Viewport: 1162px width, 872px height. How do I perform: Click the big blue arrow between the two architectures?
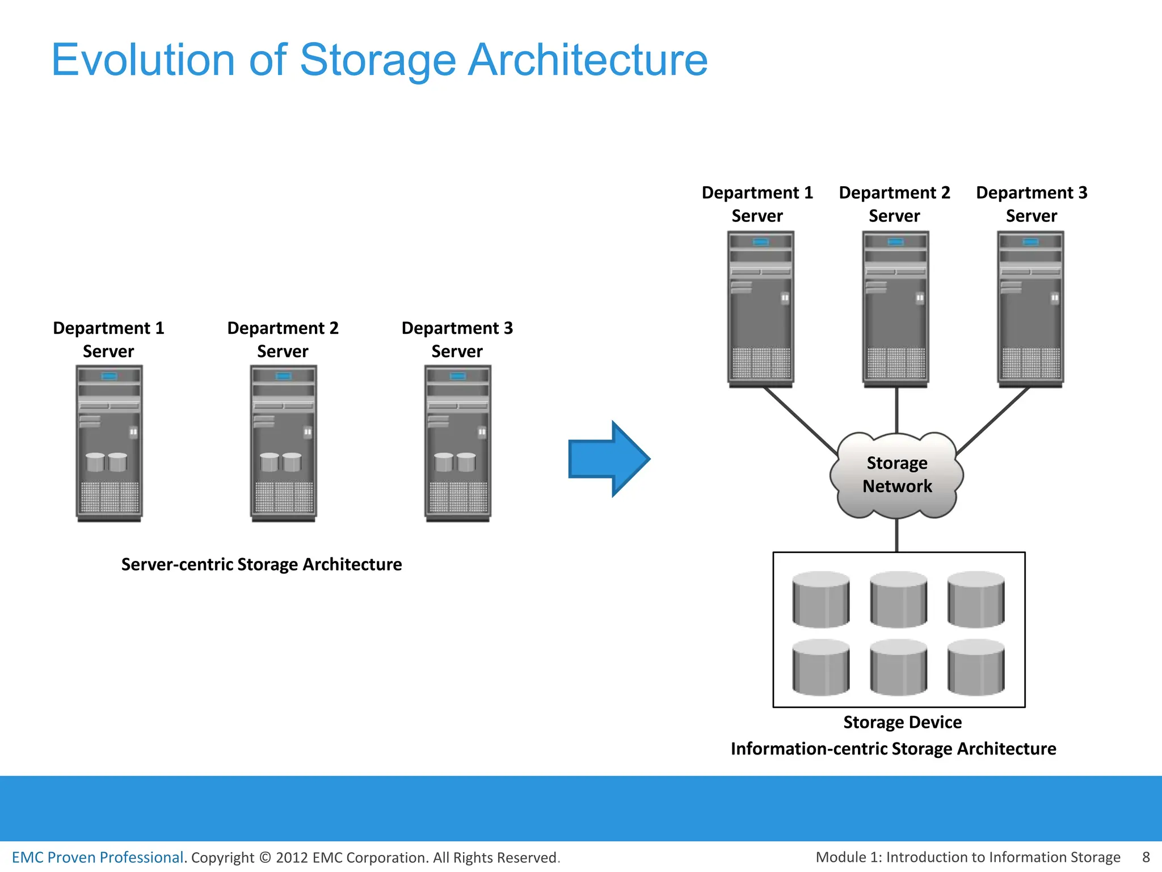click(x=607, y=459)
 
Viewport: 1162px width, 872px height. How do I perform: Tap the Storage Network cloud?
click(x=896, y=475)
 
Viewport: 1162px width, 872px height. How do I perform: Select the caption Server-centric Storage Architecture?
click(x=262, y=564)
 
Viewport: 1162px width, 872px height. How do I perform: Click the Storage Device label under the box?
click(x=902, y=722)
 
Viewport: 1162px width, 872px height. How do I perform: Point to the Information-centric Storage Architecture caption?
click(x=893, y=749)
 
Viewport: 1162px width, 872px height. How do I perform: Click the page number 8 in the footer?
click(x=1146, y=857)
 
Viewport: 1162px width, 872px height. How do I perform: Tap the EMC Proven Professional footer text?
click(x=98, y=857)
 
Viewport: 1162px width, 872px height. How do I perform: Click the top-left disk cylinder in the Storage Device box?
click(x=821, y=599)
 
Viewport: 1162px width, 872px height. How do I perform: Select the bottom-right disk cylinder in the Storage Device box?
click(x=976, y=667)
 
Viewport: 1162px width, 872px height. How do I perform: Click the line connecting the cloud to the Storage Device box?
click(x=896, y=535)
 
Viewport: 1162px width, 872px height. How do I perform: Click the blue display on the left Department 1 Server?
click(x=109, y=376)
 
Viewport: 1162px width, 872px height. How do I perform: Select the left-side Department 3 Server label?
click(x=457, y=339)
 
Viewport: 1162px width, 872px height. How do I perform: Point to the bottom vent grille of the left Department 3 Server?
click(x=458, y=497)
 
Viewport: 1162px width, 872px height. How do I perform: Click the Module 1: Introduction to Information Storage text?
click(x=968, y=857)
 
